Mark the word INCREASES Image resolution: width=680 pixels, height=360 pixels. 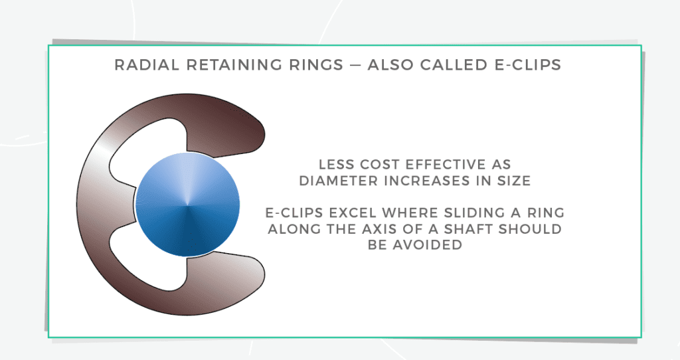coord(422,180)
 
